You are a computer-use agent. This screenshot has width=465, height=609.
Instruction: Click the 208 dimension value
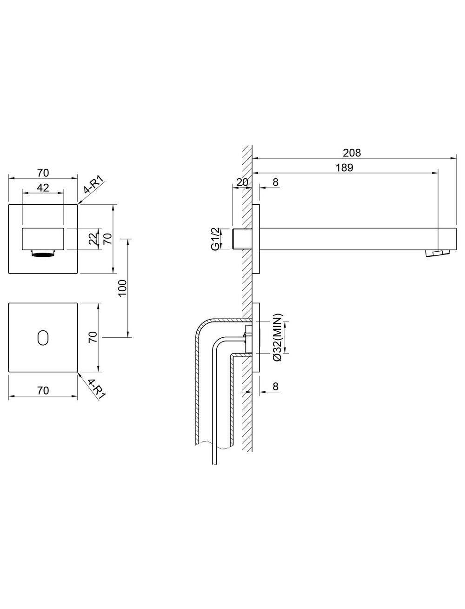point(352,153)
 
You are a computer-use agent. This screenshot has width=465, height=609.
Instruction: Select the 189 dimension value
point(345,167)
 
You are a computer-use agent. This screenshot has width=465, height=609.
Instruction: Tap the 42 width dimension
point(43,187)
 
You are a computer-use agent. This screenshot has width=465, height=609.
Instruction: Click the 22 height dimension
point(93,238)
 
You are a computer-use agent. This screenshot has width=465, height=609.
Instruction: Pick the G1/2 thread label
point(215,239)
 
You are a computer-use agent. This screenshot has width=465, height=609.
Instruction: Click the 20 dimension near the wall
point(242,182)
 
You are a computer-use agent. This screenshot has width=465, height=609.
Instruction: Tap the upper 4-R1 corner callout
point(94,186)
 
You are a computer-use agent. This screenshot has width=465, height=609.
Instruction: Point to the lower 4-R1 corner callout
point(97,388)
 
